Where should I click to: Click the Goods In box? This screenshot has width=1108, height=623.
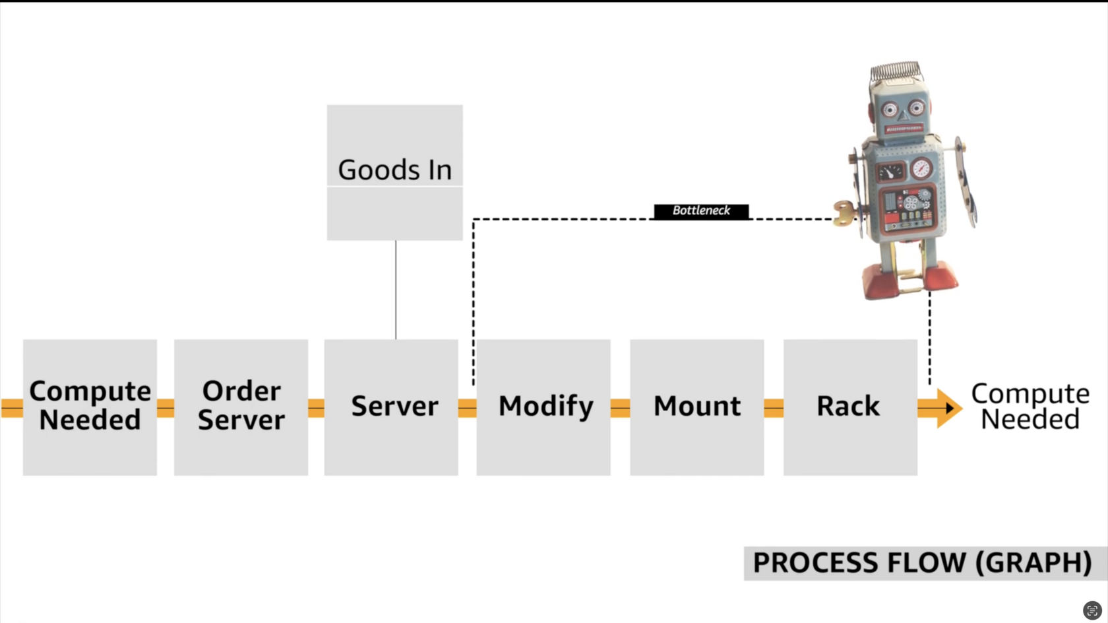394,172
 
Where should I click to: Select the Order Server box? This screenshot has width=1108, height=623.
241,407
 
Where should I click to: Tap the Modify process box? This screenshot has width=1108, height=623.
543,407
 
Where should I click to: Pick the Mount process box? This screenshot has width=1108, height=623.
696,407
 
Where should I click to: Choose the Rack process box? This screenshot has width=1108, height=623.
850,407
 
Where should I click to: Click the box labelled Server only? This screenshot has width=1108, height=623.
391,407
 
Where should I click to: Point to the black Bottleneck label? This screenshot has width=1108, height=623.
701,211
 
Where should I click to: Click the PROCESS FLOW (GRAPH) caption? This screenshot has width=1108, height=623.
922,563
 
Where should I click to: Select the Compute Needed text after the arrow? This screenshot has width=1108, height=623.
1030,407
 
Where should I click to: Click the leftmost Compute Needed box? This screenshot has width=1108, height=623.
90,407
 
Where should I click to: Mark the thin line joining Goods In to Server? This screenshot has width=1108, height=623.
396,290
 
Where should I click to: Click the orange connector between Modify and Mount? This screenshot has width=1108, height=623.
620,409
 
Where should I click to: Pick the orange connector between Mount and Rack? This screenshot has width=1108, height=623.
774,409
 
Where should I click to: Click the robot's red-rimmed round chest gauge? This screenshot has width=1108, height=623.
921,169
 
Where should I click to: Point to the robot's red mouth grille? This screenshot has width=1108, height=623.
904,129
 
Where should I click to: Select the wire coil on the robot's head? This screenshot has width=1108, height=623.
896,71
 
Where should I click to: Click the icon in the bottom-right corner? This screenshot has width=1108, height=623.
1092,610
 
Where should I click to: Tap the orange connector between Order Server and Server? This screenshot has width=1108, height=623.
316,409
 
